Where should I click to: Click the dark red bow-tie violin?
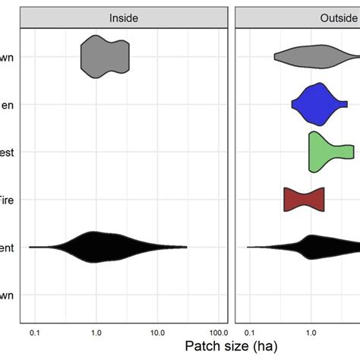click(x=304, y=199)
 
